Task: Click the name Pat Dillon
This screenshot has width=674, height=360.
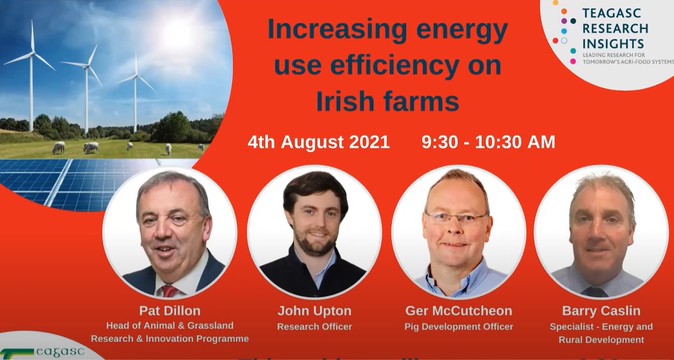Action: [x=169, y=311]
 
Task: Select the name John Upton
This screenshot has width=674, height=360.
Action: [x=314, y=311]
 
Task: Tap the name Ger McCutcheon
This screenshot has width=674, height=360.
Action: [x=458, y=311]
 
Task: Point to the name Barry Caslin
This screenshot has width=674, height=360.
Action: [x=601, y=311]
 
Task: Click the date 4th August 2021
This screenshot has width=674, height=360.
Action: [x=318, y=142]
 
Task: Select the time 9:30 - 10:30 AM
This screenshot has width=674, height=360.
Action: [x=488, y=142]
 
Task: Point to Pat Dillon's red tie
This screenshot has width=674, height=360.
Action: [x=169, y=290]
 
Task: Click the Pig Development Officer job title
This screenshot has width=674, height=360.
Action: [x=458, y=327]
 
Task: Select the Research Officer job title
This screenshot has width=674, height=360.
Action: [x=314, y=327]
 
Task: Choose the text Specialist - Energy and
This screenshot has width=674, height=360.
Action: [x=601, y=327]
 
